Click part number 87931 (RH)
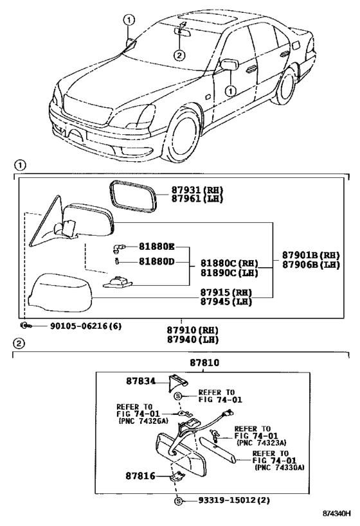pos(197,190)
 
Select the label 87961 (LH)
pos(197,198)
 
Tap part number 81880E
pos(157,247)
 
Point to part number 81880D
pos(157,261)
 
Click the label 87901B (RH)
pos(310,256)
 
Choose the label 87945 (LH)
pos(226,302)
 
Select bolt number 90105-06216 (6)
pos(86,326)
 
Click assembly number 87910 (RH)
pos(193,330)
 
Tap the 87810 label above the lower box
pos(204,363)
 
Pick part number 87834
pos(141,381)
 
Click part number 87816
pos(140,476)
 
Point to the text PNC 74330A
pos(280,468)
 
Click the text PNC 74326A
pos(144,421)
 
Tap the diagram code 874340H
pos(336,514)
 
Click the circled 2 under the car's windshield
pos(179,55)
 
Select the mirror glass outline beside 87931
pos(133,197)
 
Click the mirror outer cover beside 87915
pos(60,293)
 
